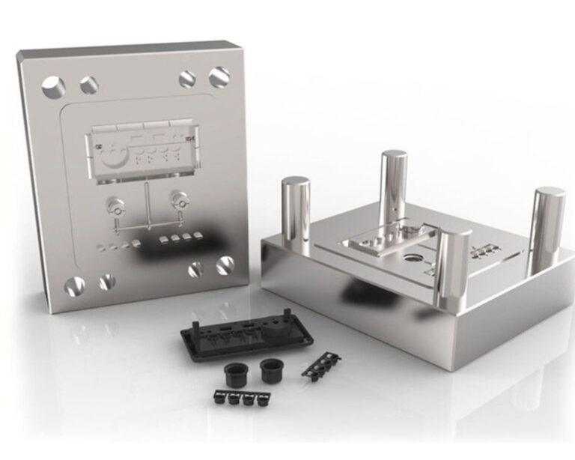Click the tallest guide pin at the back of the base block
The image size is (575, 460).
[393, 187]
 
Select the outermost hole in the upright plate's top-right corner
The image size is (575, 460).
[219, 76]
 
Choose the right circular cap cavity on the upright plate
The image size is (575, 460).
[178, 199]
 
